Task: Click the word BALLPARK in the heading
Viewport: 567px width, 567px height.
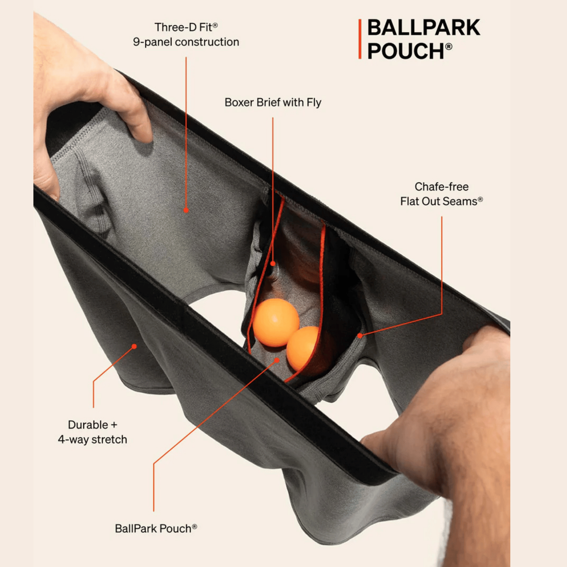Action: pyautogui.click(x=423, y=28)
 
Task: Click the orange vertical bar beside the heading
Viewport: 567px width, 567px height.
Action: pyautogui.click(x=360, y=39)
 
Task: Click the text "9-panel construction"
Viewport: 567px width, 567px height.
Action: pyautogui.click(x=186, y=42)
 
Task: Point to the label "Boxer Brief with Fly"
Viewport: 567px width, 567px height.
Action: pyautogui.click(x=273, y=102)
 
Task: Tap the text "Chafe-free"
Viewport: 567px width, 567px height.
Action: pyautogui.click(x=442, y=187)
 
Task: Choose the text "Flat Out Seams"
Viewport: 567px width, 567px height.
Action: pyautogui.click(x=439, y=202)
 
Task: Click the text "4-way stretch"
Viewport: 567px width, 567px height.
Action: pyautogui.click(x=92, y=440)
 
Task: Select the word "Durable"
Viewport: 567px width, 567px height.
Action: pyautogui.click(x=88, y=425)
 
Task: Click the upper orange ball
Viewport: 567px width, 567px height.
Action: pyautogui.click(x=276, y=322)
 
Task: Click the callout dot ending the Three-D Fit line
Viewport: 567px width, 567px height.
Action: pyautogui.click(x=186, y=210)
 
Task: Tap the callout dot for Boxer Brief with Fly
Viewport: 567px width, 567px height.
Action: pyautogui.click(x=273, y=264)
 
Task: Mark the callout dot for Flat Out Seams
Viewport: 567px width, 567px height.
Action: pyautogui.click(x=360, y=335)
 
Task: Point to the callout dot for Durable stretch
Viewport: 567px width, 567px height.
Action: pyautogui.click(x=134, y=346)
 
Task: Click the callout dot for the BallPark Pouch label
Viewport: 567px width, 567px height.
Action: pyautogui.click(x=277, y=360)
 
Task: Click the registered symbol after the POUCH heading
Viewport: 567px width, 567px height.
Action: pyautogui.click(x=449, y=46)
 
